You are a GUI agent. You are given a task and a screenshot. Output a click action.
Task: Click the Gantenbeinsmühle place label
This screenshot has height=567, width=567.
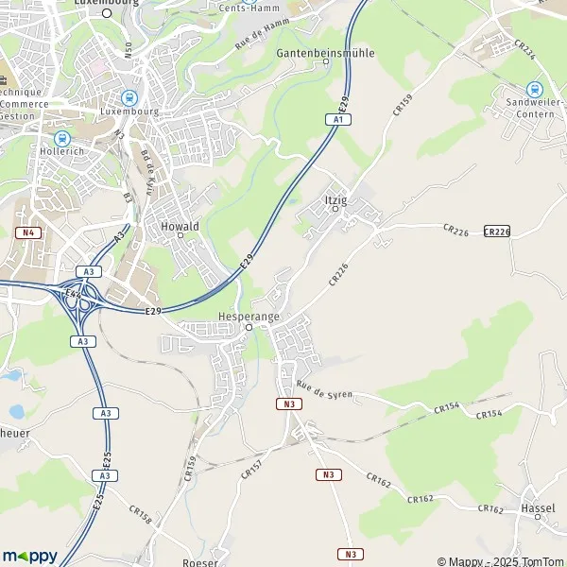pyautogui.click(x=325, y=53)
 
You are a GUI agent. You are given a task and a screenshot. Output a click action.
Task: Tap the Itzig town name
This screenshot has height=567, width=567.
pyautogui.click(x=335, y=199)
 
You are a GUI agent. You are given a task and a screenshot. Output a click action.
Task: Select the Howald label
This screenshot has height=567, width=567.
pyautogui.click(x=180, y=226)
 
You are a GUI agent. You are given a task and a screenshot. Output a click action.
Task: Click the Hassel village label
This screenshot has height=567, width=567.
pyautogui.click(x=537, y=508)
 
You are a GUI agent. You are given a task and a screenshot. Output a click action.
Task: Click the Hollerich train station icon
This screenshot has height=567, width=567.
pyautogui.click(x=62, y=139)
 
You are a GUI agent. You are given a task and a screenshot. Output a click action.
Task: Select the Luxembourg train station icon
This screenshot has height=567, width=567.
pyautogui.click(x=129, y=97)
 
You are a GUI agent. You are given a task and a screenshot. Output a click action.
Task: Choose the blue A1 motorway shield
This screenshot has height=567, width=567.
pyautogui.click(x=335, y=119)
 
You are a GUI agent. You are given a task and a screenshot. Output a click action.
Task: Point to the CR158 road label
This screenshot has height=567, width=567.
pyautogui.click(x=138, y=516)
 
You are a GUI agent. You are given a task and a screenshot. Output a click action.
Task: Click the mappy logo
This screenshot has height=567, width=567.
pyautogui.click(x=29, y=556)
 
